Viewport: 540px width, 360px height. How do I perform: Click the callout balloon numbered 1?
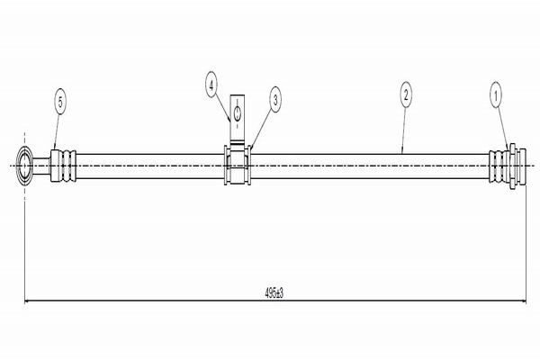click(495, 93)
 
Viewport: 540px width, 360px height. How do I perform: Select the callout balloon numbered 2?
click(407, 93)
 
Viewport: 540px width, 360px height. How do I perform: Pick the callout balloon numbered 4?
click(211, 86)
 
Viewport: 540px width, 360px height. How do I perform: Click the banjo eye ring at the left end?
click(27, 167)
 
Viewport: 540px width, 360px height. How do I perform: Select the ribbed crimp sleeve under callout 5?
click(65, 167)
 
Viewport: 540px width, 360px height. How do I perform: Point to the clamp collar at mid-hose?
click(237, 167)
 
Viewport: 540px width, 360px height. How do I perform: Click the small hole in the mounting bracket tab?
click(237, 112)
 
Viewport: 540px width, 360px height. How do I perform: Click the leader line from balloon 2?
click(404, 126)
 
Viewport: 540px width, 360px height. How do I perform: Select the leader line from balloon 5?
click(58, 130)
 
